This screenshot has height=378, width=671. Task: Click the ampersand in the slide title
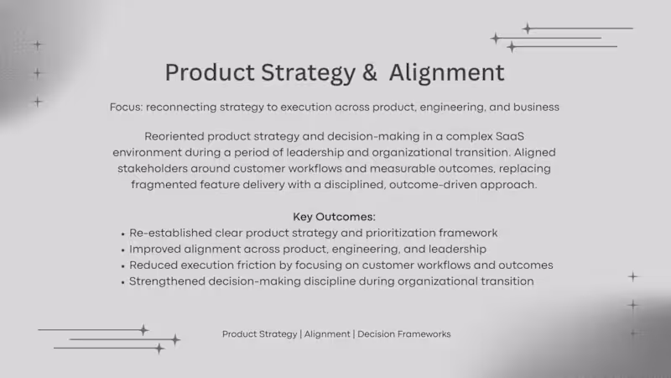point(370,72)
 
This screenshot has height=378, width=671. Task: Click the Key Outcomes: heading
point(334,217)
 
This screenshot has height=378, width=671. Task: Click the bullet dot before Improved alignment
point(122,249)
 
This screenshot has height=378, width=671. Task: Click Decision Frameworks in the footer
point(405,334)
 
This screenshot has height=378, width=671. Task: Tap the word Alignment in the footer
point(327,334)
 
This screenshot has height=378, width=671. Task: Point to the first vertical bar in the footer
point(300,334)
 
